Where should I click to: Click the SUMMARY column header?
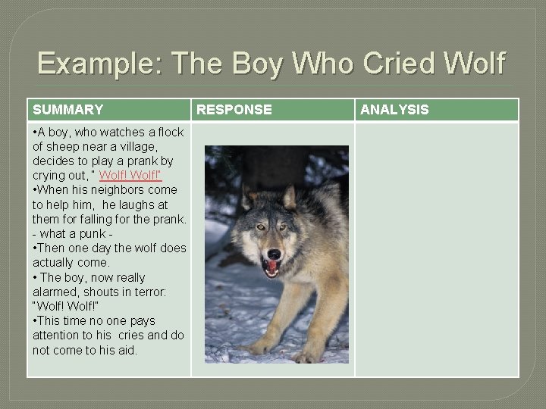(x=67, y=110)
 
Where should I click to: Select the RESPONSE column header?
(x=234, y=110)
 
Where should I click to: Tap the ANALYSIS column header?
(x=394, y=110)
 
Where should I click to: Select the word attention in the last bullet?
(x=58, y=336)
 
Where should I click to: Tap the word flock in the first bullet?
(x=168, y=133)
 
